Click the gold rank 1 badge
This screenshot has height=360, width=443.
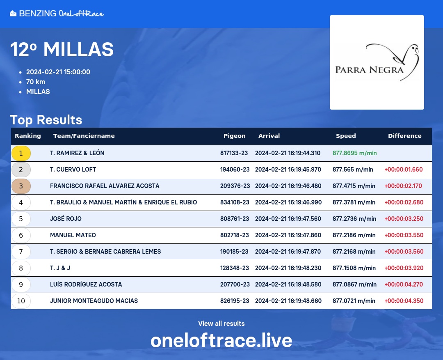(21, 153)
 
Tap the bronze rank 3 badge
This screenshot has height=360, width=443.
(21, 186)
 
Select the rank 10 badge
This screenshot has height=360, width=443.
(21, 301)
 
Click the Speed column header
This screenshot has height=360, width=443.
(346, 136)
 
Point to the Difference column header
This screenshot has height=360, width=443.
(404, 136)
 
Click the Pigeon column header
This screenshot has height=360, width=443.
(235, 136)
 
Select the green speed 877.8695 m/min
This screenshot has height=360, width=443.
(354, 153)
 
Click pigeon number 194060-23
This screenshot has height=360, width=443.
(235, 170)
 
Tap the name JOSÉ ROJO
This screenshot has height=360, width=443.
(66, 219)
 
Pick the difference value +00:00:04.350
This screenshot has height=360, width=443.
(404, 300)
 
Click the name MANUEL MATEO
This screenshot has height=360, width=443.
(73, 235)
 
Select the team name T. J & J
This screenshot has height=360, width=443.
(60, 268)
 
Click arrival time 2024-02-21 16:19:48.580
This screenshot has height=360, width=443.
(288, 284)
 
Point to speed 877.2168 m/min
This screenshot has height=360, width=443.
(354, 251)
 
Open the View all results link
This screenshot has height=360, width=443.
(221, 323)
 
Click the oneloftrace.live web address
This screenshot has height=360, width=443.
(221, 340)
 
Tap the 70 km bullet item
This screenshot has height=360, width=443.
(36, 82)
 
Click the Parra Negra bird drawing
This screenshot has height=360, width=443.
(393, 61)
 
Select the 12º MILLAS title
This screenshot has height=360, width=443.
(62, 50)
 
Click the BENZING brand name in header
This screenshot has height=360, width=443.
(38, 13)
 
